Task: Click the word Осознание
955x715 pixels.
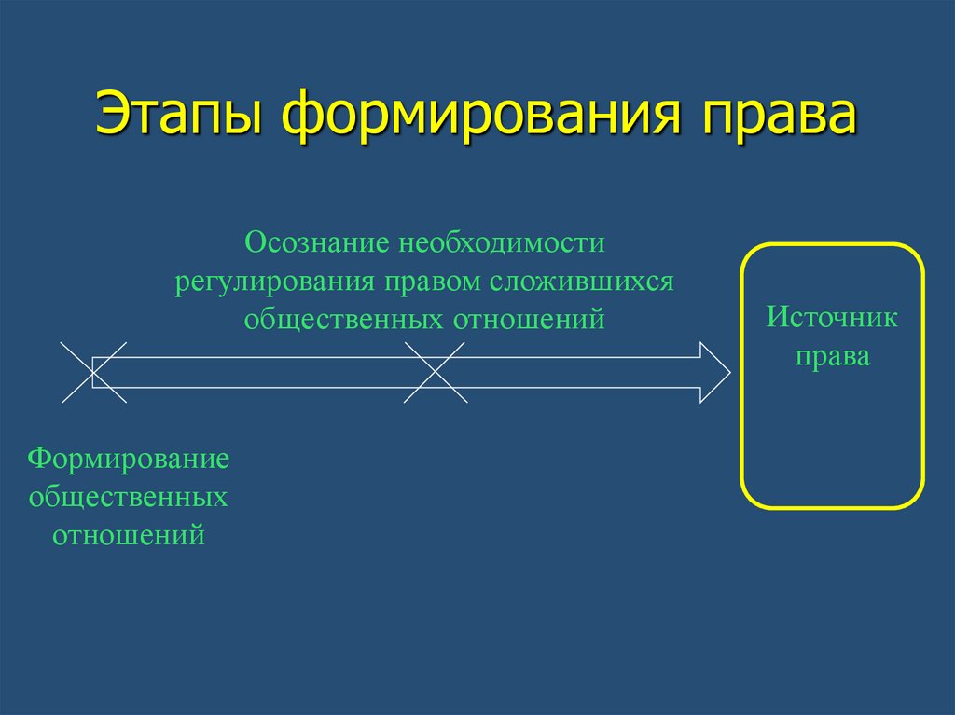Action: [316, 243]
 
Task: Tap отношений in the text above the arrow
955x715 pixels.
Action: [530, 320]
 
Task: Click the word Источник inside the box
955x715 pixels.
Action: [832, 318]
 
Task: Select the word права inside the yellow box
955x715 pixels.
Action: [832, 357]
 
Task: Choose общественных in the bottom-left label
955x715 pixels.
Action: [129, 497]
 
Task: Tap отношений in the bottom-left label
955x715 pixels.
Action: [129, 536]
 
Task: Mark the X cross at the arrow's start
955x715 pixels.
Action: [93, 372]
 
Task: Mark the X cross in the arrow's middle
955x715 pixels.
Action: [436, 372]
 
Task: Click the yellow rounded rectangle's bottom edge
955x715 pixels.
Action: [832, 507]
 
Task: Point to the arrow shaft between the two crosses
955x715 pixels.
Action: [261, 372]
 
